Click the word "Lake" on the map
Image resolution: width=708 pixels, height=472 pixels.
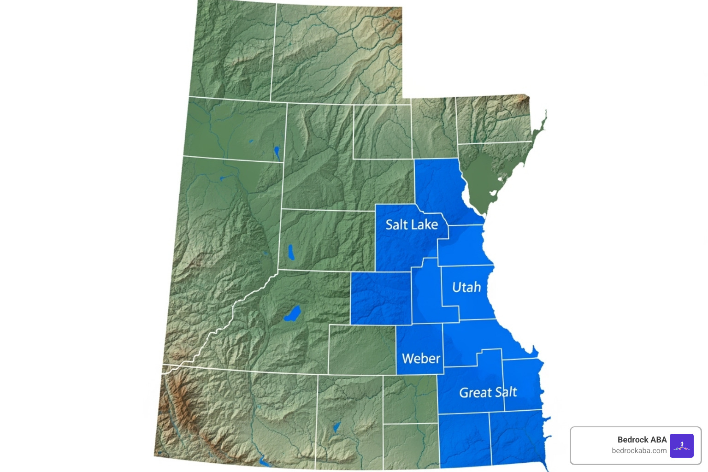(425, 224)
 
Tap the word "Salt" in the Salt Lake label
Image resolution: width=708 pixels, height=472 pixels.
(397, 224)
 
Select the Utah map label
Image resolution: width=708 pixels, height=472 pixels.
(466, 287)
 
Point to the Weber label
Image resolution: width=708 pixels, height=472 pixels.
(421, 359)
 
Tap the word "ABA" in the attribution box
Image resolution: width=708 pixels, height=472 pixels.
(659, 440)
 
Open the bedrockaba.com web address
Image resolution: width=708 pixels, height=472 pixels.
(639, 451)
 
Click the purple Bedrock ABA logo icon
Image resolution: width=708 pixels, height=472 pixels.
(681, 446)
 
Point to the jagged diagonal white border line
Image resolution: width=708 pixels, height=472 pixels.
(230, 313)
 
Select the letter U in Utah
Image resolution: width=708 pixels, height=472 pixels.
(457, 287)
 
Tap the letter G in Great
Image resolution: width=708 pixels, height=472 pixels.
(464, 393)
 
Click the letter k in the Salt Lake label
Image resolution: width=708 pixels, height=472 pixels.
(428, 224)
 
